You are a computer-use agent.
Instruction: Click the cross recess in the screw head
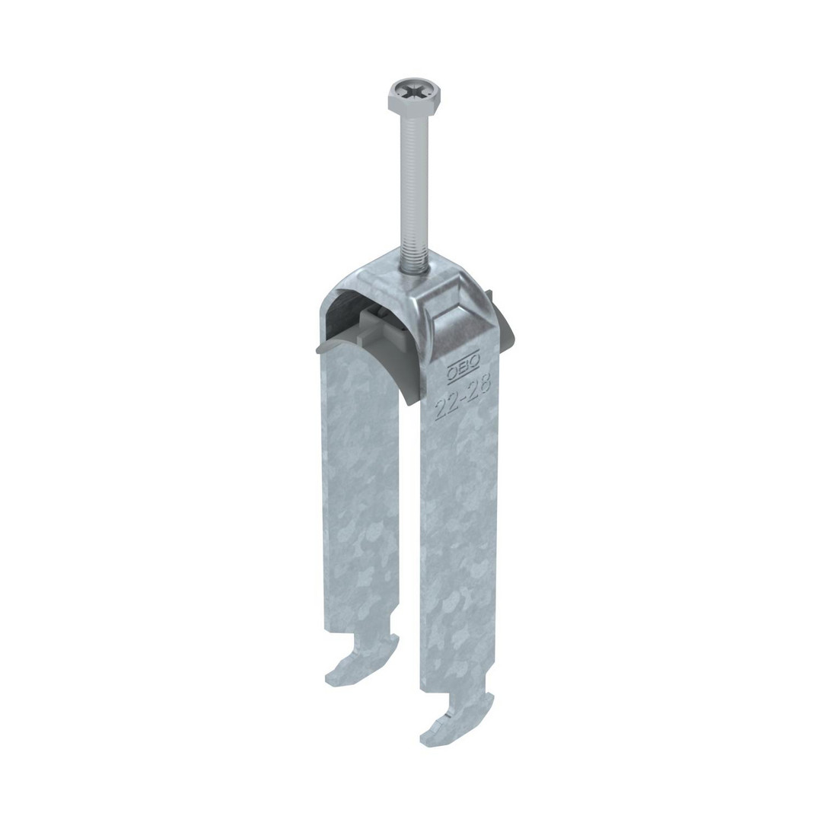[415, 95]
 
